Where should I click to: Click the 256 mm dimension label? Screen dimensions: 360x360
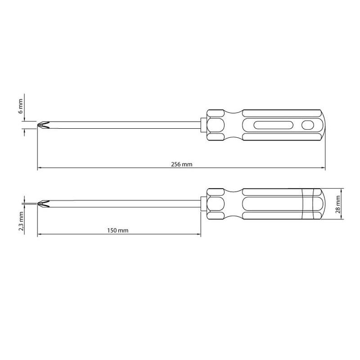coord(182,164)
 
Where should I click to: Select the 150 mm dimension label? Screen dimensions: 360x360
coord(118,230)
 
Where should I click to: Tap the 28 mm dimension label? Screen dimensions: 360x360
coord(338,204)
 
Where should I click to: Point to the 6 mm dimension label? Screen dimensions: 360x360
coord(21,106)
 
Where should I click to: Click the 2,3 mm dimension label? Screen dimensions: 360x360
coord(21,221)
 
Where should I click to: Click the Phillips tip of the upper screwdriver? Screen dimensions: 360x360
coord(43,125)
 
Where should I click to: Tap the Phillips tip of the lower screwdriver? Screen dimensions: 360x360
coord(43,204)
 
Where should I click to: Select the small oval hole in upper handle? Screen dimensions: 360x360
coord(307,125)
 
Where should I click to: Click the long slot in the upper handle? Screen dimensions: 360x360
coord(273,125)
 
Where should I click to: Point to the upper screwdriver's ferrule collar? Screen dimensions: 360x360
coord(204,125)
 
